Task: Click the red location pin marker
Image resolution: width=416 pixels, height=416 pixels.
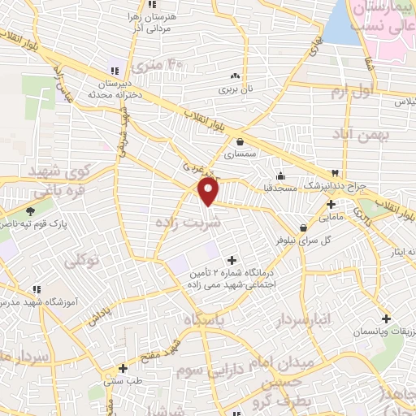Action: [209, 192]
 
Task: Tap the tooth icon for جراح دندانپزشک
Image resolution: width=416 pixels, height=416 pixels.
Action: [334, 173]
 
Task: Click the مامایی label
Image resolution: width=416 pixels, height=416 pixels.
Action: [331, 217]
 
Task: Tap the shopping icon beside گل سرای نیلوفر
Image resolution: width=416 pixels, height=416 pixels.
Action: [303, 227]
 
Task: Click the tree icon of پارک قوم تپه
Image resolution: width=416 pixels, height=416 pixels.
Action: [30, 210]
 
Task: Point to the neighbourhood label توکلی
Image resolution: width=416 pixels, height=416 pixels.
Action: [80, 261]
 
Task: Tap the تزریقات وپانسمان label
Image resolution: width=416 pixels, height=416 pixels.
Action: [382, 333]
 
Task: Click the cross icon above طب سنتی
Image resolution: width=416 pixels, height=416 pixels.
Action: [123, 367]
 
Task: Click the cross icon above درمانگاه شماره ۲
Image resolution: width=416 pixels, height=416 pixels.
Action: [233, 261]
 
